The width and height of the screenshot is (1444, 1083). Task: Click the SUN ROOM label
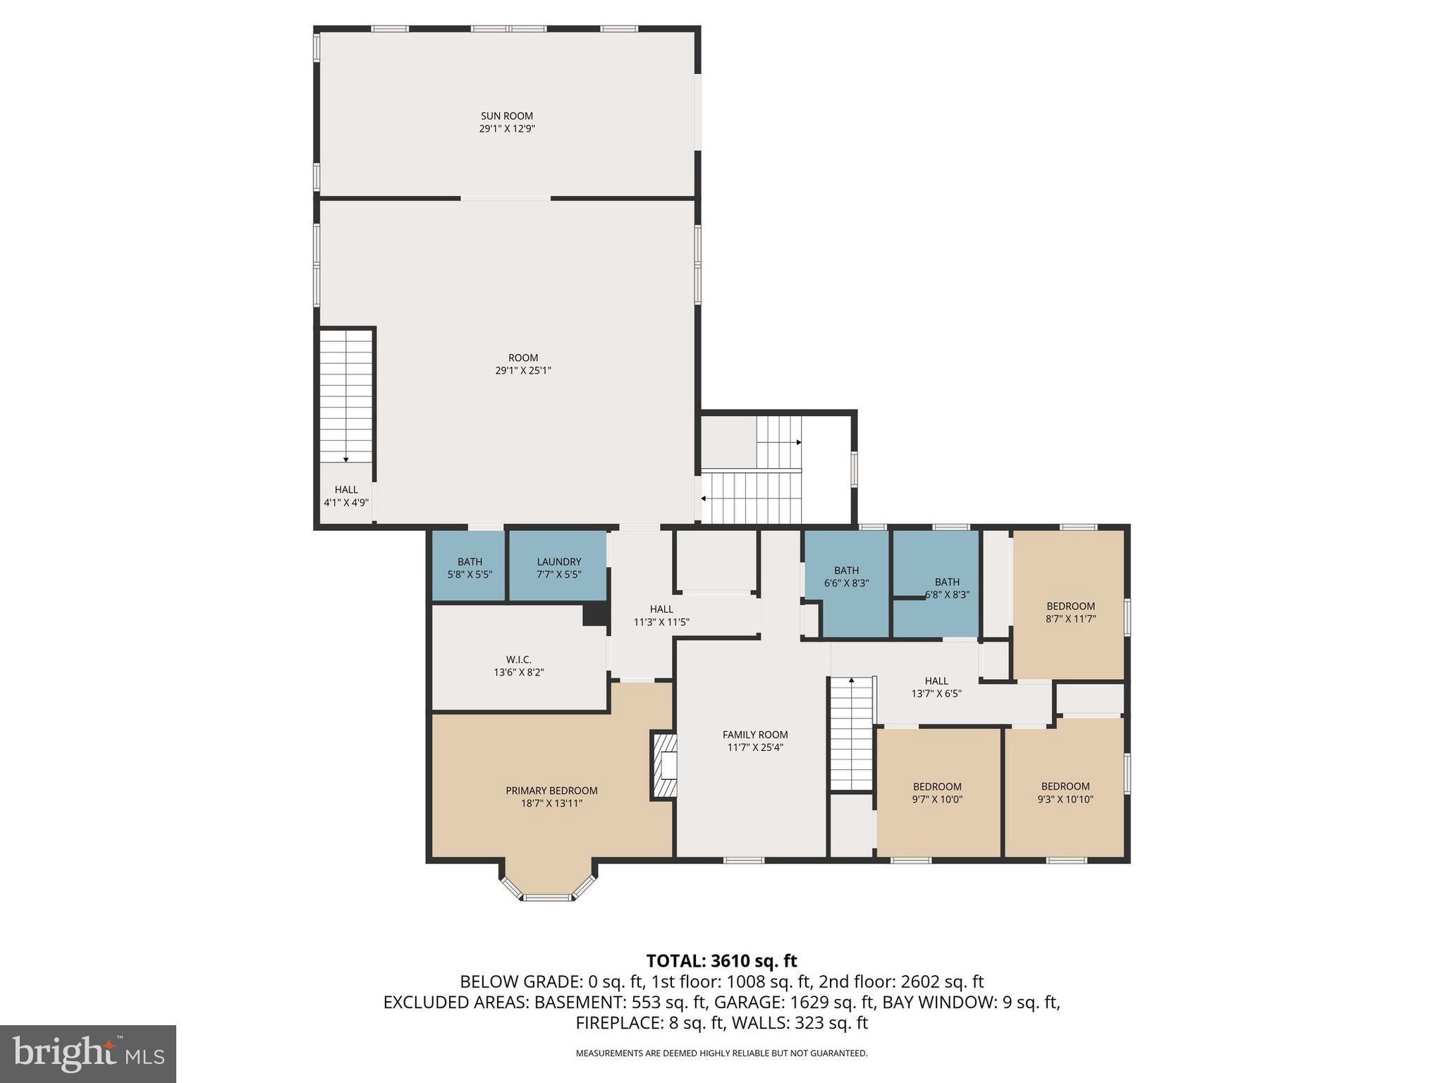506,116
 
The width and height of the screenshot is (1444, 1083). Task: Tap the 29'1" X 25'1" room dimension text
522,370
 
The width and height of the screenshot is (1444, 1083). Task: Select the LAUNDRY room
558,567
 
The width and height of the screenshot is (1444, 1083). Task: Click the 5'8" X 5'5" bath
470,568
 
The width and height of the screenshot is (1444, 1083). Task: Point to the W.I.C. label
518,660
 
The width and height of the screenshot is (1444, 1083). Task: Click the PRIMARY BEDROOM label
551,790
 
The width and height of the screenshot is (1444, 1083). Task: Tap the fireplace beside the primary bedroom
664,766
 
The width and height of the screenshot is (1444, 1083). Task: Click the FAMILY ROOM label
754,735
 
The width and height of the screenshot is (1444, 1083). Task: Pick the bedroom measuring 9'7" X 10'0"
937,793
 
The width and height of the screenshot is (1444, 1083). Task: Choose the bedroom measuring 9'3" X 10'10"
1065,793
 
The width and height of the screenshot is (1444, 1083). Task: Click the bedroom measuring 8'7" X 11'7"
1070,612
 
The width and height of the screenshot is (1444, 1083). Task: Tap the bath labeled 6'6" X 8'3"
846,577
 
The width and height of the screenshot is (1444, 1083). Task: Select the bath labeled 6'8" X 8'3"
946,588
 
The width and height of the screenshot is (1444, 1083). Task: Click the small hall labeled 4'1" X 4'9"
345,496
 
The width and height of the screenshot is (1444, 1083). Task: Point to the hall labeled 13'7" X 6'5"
936,687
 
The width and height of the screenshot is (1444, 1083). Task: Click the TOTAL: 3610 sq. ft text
721,960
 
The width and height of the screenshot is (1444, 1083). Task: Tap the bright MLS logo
88,1053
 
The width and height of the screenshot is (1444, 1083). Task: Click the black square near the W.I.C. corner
595,614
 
